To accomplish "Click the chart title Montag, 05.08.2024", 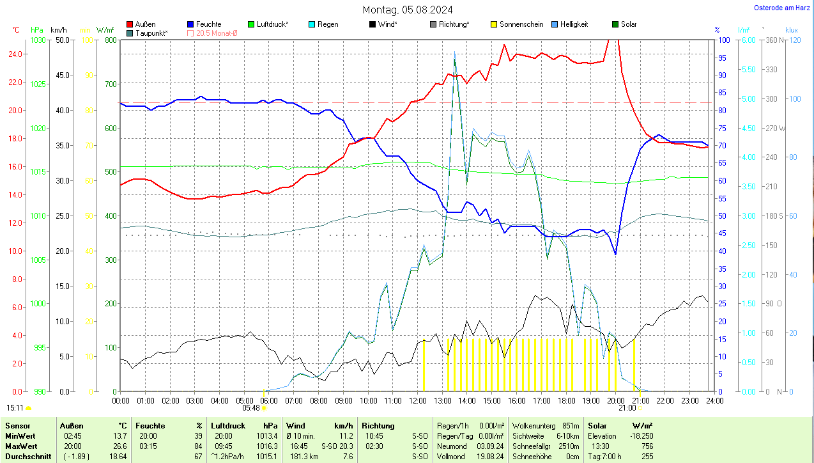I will pos(408,10).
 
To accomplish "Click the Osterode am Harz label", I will pos(781,8).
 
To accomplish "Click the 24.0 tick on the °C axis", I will pos(17,54).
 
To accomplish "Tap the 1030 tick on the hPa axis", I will pos(38,40).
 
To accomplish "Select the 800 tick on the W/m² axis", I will pos(110,40).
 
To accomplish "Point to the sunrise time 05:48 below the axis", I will pos(251,407).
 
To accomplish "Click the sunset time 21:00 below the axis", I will pos(627,407).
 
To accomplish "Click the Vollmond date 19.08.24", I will pos(489,457).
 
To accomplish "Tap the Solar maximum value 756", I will pos(647,446).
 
